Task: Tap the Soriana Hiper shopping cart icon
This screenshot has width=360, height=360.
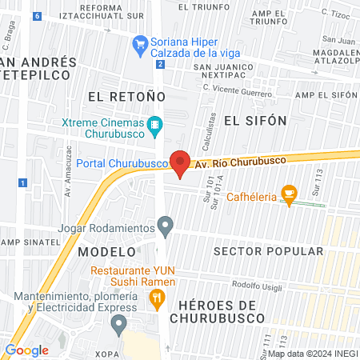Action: point(141,42)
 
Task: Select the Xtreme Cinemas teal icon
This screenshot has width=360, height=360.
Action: point(155,125)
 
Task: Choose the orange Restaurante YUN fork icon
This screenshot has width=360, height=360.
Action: point(157,300)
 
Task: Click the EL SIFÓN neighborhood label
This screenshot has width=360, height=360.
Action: point(254,120)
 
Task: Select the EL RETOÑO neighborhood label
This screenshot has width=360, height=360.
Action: point(126,95)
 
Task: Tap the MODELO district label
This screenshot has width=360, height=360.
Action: point(102,251)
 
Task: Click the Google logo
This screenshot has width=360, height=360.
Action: point(26,350)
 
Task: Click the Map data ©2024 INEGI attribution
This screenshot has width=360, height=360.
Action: point(311,354)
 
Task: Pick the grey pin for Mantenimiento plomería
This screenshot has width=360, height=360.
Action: point(119,325)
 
